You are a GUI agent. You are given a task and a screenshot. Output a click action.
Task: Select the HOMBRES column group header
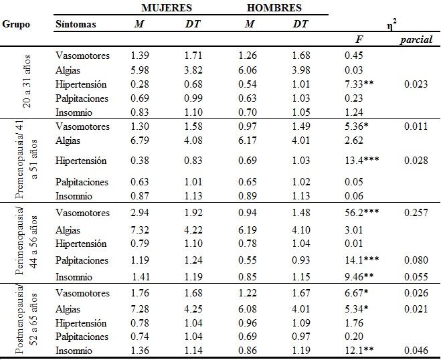[x=274, y=8]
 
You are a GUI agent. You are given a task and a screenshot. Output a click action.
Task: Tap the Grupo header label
[x=15, y=24]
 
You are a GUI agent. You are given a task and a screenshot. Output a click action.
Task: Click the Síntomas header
[x=76, y=24]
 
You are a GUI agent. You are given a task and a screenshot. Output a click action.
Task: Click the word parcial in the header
[x=416, y=40]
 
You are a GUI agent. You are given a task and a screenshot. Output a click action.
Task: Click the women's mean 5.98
[x=141, y=70]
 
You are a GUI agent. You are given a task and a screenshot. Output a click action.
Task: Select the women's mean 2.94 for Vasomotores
[x=141, y=213]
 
